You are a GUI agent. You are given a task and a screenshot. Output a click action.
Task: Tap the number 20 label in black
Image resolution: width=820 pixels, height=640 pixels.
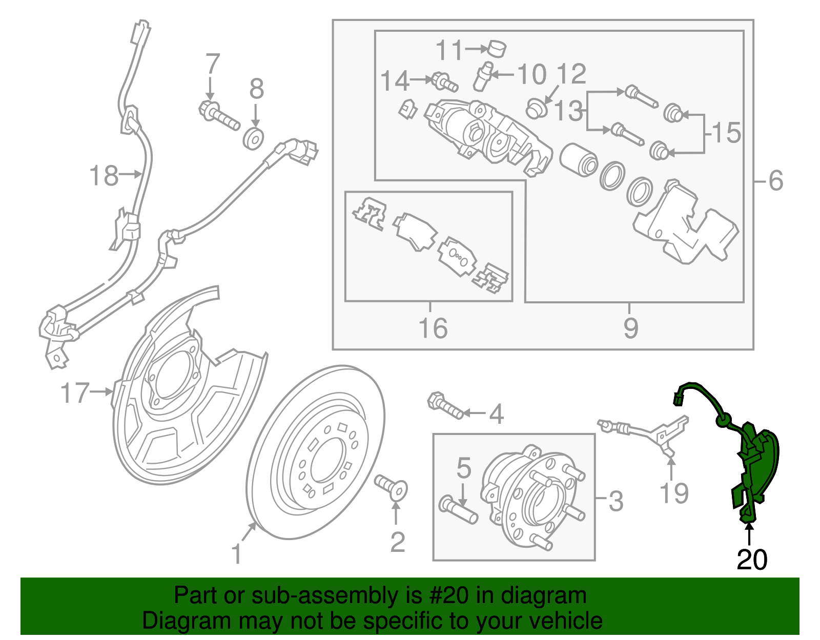point(752,560)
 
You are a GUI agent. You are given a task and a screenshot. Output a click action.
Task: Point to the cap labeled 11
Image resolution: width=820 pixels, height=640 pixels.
point(496,48)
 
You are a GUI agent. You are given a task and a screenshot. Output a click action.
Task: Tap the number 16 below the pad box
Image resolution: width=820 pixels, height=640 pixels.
point(433,328)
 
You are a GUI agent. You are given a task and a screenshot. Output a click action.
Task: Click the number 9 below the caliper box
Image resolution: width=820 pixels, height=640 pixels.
point(630,328)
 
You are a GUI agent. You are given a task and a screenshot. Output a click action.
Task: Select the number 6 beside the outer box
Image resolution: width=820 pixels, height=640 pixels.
point(776,181)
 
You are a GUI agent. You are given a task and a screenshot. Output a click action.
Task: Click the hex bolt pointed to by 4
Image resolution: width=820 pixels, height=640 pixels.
point(445,405)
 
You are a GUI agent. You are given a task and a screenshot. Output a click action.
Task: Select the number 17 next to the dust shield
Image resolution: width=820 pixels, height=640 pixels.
point(75,393)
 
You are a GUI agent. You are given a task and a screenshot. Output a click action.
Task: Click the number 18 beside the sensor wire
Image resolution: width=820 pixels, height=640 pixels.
point(104,176)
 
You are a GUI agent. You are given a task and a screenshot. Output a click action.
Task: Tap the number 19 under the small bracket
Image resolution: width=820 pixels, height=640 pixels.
point(673,493)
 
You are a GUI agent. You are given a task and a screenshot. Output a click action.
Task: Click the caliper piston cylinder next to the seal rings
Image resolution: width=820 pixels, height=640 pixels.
point(578,159)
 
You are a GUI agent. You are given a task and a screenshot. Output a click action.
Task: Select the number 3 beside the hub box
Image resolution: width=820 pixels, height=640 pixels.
point(616,501)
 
